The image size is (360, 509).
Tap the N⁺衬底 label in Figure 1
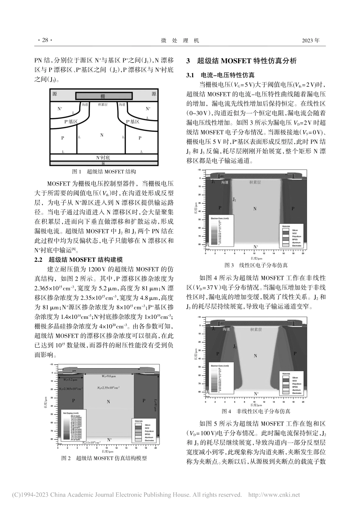pyautogui.click(x=103, y=157)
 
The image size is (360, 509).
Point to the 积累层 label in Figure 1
pyautogui.click(x=103, y=105)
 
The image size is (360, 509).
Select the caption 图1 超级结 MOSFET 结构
pyautogui.click(x=104, y=172)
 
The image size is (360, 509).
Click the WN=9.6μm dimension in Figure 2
pyautogui.click(x=108, y=377)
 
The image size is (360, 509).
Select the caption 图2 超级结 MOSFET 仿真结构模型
pyautogui.click(x=104, y=458)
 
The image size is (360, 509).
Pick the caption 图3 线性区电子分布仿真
pyautogui.click(x=256, y=265)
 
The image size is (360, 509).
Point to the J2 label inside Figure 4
pyautogui.click(x=235, y=346)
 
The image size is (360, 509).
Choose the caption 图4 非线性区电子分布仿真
pyautogui.click(x=256, y=411)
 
